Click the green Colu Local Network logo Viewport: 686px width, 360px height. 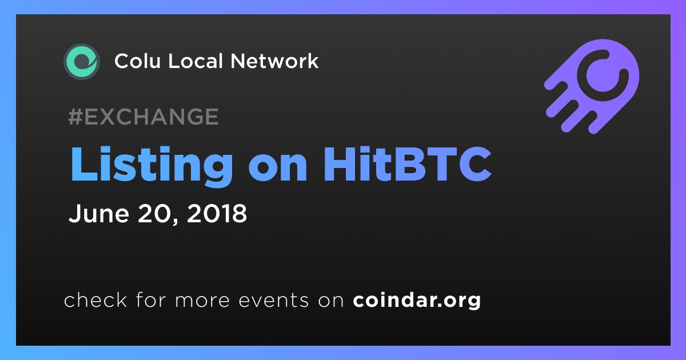pyautogui.click(x=82, y=62)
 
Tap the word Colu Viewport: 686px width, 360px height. pyautogui.click(x=138, y=61)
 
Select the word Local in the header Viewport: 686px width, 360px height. pyautogui.click(x=196, y=61)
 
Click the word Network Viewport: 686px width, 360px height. pyautogui.click(x=275, y=61)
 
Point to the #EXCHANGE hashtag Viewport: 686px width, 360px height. pyautogui.click(x=143, y=117)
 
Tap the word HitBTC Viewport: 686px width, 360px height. pyautogui.click(x=407, y=164)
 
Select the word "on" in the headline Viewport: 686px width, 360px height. pyautogui.click(x=278, y=169)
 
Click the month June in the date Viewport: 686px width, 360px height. pyautogui.click(x=99, y=213)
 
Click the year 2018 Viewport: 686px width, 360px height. pyautogui.click(x=217, y=213)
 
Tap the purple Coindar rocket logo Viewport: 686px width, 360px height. pyautogui.click(x=592, y=86)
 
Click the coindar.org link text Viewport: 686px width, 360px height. pyautogui.click(x=417, y=301)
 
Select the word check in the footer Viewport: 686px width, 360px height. pyautogui.click(x=95, y=299)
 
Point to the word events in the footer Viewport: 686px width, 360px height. pyautogui.click(x=274, y=301)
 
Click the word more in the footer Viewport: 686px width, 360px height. pyautogui.click(x=202, y=301)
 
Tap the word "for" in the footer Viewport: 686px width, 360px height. pyautogui.click(x=151, y=299)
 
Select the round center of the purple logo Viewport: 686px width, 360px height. pyautogui.click(x=603, y=75)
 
